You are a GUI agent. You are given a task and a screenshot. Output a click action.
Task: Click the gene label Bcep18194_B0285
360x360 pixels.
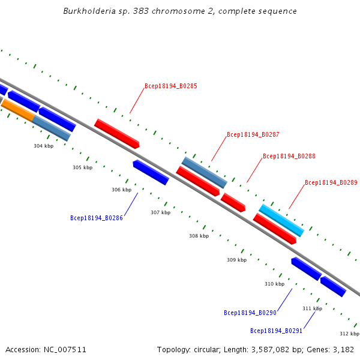pyautogui.click(x=171, y=86)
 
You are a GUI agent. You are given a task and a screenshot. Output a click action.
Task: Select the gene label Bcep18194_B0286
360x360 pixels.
pyautogui.click(x=97, y=218)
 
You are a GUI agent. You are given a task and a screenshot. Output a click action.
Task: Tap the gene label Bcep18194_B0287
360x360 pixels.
pyautogui.click(x=253, y=134)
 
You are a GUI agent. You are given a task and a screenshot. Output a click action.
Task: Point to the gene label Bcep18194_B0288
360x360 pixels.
pyautogui.click(x=289, y=156)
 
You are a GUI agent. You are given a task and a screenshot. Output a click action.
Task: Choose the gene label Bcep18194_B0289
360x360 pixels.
pyautogui.click(x=331, y=182)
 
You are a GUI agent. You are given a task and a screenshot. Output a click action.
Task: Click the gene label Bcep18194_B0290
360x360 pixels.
pyautogui.click(x=250, y=313)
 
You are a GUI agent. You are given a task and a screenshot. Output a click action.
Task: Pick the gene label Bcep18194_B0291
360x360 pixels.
pyautogui.click(x=276, y=331)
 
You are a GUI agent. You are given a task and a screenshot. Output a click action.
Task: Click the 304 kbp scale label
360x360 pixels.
pyautogui.click(x=44, y=146)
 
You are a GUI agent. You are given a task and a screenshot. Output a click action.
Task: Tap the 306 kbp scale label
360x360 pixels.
pyautogui.click(x=121, y=190)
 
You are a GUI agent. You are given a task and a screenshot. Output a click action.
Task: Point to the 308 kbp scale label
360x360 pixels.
pyautogui.click(x=199, y=236)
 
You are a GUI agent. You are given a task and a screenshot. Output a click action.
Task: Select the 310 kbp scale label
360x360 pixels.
pyautogui.click(x=274, y=284)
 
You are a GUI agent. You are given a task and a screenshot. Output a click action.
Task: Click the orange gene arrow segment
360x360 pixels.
pyautogui.click(x=17, y=110)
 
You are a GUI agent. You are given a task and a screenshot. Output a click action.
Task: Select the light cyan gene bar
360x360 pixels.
pyautogui.click(x=281, y=220)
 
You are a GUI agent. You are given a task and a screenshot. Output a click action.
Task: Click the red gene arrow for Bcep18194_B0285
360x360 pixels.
pyautogui.click(x=117, y=134)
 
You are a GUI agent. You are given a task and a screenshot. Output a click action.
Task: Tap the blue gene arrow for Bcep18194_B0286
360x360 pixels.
pyautogui.click(x=151, y=172)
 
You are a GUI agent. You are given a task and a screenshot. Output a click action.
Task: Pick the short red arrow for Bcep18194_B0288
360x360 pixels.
pyautogui.click(x=233, y=203)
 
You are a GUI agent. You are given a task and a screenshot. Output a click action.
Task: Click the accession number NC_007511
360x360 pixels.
pyautogui.click(x=65, y=350)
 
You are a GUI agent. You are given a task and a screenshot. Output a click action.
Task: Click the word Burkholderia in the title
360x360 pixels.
pyautogui.click(x=89, y=11)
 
